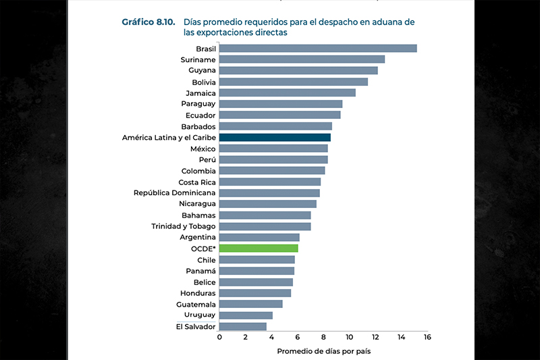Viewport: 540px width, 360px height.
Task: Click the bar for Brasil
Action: coord(318,49)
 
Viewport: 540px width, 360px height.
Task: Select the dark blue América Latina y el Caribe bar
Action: coord(275,137)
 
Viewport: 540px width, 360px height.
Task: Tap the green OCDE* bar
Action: coord(259,249)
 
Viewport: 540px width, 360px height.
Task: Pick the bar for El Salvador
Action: coord(243,327)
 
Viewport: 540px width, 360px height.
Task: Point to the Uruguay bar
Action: coord(246,315)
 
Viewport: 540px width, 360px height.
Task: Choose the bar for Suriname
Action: coord(302,59)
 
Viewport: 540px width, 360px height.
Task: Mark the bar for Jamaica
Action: coord(288,93)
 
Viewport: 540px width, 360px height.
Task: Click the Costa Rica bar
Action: coord(270,182)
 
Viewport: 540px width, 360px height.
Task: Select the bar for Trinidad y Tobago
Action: coord(265,226)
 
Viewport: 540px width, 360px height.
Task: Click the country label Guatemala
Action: coord(195,304)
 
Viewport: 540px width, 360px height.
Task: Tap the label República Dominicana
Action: coord(175,193)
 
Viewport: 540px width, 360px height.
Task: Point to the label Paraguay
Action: coord(198,104)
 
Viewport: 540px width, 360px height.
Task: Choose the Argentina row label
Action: coord(198,238)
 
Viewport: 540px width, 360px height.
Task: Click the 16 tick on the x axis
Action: coord(427,336)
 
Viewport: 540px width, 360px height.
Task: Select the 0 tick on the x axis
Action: coord(219,336)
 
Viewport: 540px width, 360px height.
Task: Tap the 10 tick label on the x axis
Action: coord(349,336)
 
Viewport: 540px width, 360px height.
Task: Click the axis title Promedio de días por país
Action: coord(323,351)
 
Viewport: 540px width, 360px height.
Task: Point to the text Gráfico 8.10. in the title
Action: coord(148,22)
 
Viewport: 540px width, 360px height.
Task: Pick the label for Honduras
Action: coord(198,293)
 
